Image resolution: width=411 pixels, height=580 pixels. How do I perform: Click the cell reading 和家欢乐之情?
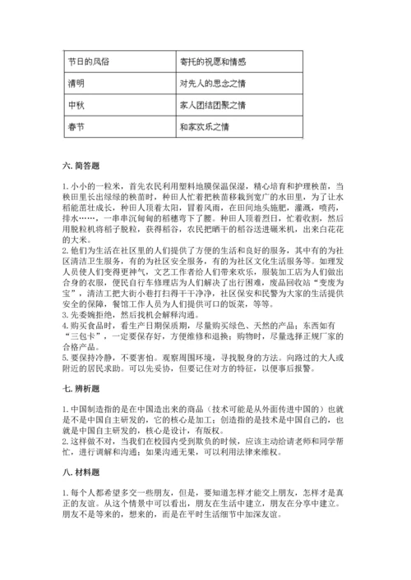(x=205, y=128)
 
